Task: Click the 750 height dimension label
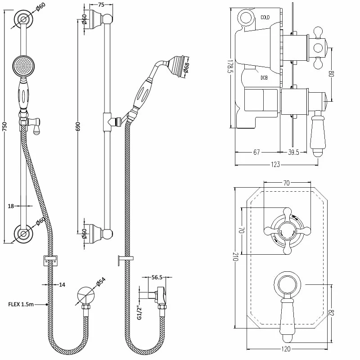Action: (4, 127)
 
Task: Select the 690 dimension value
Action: (78, 126)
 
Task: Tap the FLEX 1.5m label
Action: (21, 305)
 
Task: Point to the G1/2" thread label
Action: (139, 313)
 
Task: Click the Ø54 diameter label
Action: (100, 282)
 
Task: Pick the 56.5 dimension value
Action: (157, 277)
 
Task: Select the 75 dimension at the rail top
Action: (101, 4)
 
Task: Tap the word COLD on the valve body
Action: (265, 17)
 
